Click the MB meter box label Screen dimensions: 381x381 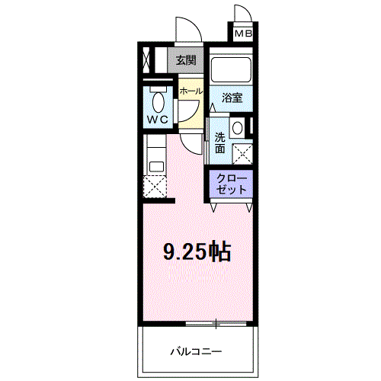[x=243, y=34]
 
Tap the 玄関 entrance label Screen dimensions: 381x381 [x=186, y=60]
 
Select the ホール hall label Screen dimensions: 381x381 [x=191, y=91]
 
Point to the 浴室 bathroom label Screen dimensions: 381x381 [x=232, y=98]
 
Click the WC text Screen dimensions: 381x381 [x=158, y=120]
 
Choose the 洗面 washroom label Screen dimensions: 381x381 [x=220, y=142]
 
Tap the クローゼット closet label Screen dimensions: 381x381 [x=232, y=184]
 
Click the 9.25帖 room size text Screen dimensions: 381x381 [x=197, y=252]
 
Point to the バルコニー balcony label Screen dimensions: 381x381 [x=196, y=351]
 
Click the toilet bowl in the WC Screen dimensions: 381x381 [x=158, y=102]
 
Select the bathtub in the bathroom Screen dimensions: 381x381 [x=231, y=69]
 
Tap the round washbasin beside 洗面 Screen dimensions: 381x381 [x=238, y=128]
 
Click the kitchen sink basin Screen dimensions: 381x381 [x=156, y=167]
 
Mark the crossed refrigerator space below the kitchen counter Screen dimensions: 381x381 [x=155, y=187]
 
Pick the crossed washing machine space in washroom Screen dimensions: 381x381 [x=242, y=154]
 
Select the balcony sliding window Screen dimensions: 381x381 [x=216, y=324]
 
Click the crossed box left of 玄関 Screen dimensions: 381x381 [x=147, y=60]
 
